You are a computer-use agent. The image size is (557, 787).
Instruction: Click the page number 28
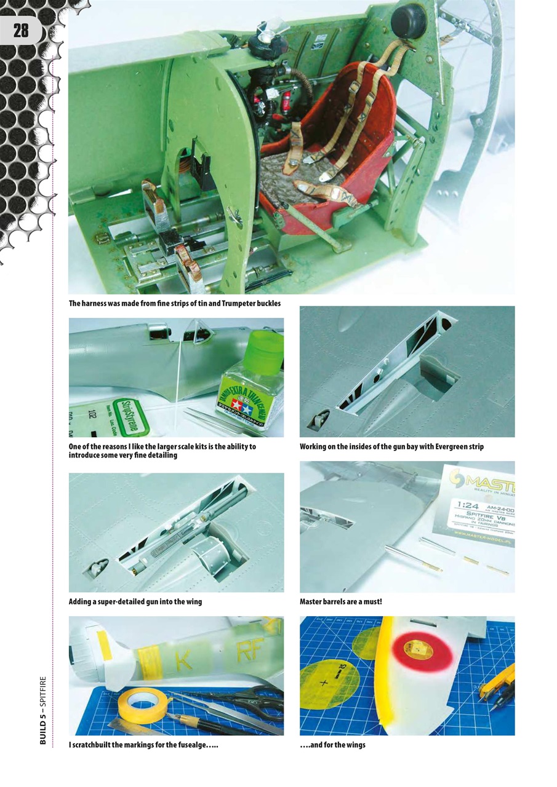(21, 31)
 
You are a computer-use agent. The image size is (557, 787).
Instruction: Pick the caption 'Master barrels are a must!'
(340, 601)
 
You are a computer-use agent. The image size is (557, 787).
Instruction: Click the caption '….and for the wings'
(332, 745)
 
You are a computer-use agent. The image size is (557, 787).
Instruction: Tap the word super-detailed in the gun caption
(121, 601)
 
